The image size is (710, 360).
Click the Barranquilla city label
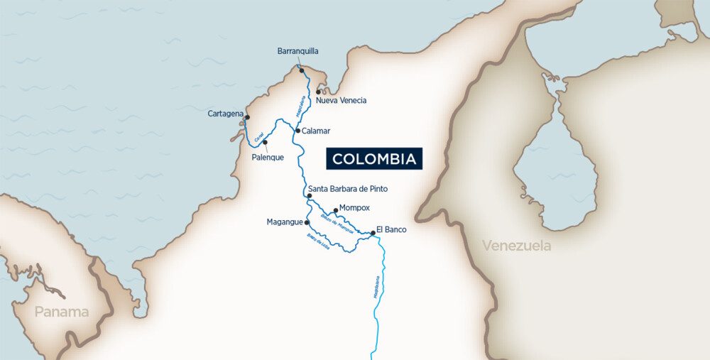pos(297,51)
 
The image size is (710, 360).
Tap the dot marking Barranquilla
pos(301,70)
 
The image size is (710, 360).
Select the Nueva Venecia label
pos(341,101)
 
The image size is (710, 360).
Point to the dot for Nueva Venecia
pos(319,92)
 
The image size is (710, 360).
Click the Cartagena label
pos(226,114)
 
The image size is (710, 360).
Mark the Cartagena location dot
pos(247,117)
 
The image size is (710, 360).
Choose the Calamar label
pos(316,131)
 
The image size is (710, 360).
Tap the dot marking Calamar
pos(297,131)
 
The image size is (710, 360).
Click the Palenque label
pos(268,158)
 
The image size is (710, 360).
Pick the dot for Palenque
pos(265,142)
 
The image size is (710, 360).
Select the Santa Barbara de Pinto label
pos(348,189)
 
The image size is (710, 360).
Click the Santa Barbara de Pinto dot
pos(309,195)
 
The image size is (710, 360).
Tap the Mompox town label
pos(355,208)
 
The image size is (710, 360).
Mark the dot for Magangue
pos(307,222)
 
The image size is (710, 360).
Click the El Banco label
pos(391,229)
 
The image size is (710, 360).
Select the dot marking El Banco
pos(373,232)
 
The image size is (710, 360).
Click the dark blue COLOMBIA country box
pos(374,159)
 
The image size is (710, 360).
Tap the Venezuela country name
pos(516,246)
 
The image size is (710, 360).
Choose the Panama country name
pos(62,312)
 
